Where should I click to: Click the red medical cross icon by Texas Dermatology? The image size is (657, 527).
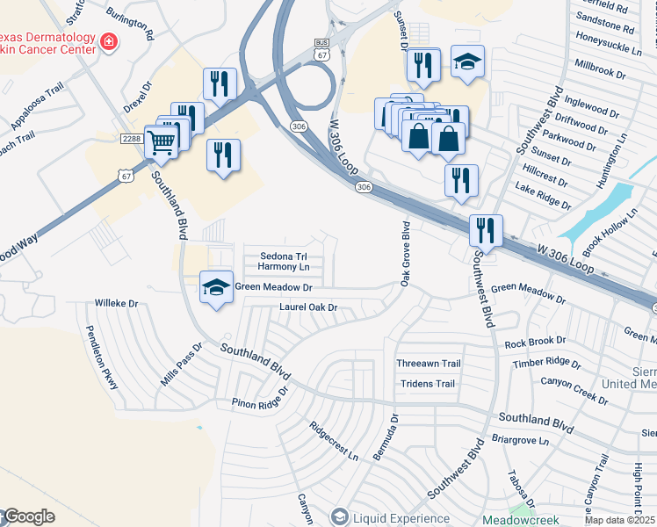110,41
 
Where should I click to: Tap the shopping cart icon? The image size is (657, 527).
161,141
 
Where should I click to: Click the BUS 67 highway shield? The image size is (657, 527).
321,49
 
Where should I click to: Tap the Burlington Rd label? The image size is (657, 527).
130,26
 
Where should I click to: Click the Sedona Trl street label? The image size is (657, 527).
283,256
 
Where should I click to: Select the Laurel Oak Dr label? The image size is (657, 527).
308,307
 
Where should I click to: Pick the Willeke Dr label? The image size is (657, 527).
117,303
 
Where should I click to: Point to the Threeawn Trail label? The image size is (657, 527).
428,364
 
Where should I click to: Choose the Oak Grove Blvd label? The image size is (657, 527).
406,254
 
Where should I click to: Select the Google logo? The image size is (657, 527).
28,516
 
